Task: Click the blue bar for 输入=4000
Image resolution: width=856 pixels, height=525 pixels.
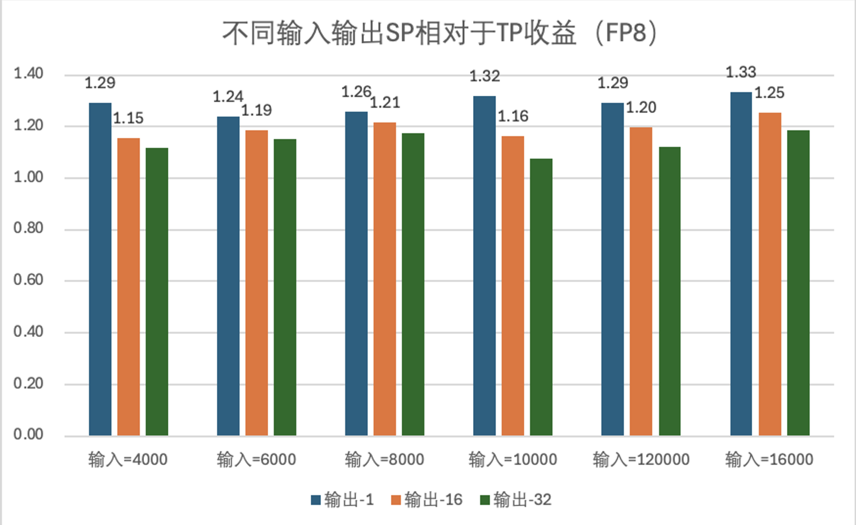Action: point(100,269)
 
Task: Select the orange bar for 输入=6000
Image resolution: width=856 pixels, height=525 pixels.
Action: point(256,283)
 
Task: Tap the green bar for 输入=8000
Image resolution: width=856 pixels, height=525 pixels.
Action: point(413,285)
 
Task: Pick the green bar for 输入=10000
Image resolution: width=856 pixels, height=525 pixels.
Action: point(541,297)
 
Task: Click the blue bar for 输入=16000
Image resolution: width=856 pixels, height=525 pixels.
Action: point(741,264)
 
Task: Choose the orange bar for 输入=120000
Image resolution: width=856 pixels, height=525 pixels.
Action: point(641,282)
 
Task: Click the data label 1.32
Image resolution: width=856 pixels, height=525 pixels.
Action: point(484,76)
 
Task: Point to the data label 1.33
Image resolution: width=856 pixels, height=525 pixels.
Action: point(741,73)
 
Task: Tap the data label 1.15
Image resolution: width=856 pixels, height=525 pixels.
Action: point(128,118)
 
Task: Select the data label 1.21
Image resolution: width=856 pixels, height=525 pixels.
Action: point(385,103)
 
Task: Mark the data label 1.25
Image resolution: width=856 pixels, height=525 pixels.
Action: point(769,93)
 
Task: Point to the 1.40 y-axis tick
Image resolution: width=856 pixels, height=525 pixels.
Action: point(29,74)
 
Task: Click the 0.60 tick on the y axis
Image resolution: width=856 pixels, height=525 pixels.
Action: point(29,280)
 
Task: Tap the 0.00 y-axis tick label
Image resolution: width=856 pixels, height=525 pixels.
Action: point(29,435)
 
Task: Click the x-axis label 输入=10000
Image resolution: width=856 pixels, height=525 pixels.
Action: point(512,460)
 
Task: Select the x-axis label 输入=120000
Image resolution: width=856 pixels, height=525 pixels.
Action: point(641,460)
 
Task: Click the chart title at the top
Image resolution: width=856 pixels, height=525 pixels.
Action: point(440,33)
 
